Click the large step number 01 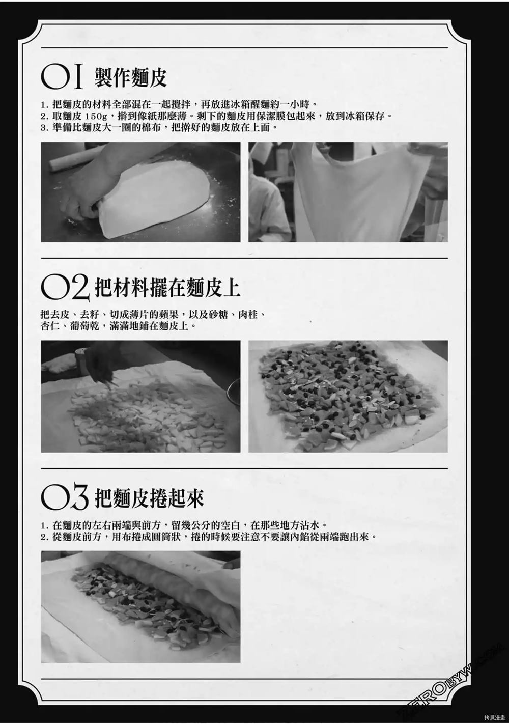tap(62, 77)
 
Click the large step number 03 tap(65, 496)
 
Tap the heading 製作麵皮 tap(131, 77)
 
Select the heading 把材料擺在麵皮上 tap(167, 287)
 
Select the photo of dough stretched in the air tap(348, 192)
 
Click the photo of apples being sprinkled tap(140, 396)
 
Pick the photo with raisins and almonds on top tap(348, 396)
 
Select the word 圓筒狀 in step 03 tap(166, 537)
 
